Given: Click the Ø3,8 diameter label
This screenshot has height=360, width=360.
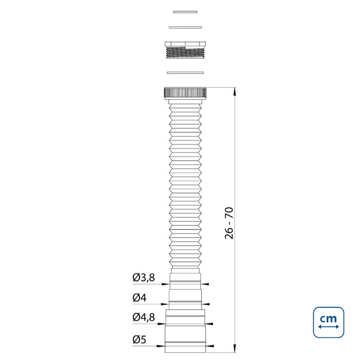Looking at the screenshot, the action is (x=144, y=278).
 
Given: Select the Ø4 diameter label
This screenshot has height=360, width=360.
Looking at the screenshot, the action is (x=139, y=298).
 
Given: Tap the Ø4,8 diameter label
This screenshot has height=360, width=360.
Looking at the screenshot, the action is (x=144, y=317).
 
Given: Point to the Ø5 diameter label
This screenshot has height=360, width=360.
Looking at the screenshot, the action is (x=139, y=339).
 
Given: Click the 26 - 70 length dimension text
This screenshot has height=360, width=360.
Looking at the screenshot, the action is (x=229, y=223).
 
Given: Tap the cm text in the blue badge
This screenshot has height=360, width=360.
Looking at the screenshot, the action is (x=328, y=319).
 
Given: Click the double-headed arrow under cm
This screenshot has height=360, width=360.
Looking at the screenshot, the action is (x=328, y=327).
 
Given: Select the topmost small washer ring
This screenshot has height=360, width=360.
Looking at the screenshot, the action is (x=185, y=12).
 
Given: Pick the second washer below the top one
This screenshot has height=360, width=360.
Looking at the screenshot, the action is (x=185, y=27).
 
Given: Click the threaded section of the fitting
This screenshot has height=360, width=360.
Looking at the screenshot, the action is (x=185, y=53).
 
